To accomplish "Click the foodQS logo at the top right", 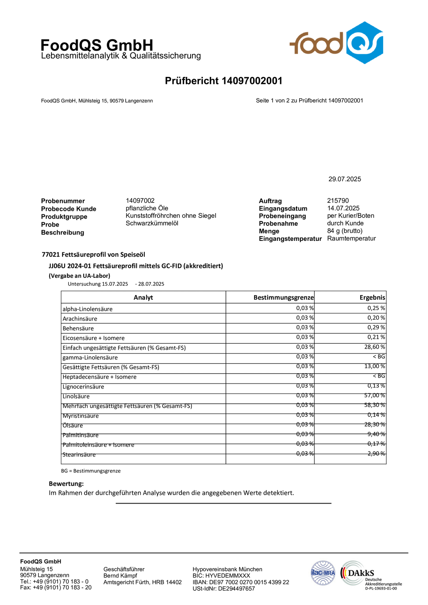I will click(336, 43).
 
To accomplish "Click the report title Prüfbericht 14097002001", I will click(224, 81).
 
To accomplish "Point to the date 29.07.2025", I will click(344, 179).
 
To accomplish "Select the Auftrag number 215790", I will click(338, 200).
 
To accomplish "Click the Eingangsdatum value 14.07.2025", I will click(343, 208).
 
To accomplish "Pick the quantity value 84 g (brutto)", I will click(344, 231).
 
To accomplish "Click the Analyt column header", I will click(143, 298).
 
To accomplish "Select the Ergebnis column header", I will click(372, 298).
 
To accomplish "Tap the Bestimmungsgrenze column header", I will click(283, 298).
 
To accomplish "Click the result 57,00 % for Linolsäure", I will click(374, 395).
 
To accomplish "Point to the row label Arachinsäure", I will click(80, 319).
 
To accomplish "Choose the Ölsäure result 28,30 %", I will click(374, 424).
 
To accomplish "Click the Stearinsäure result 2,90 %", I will click(376, 453).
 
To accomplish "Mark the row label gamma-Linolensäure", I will click(90, 357).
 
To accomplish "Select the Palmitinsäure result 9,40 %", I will click(376, 434).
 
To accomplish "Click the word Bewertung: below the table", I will click(66, 483).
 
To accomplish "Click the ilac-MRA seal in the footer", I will click(323, 573).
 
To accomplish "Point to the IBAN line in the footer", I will click(241, 582).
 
